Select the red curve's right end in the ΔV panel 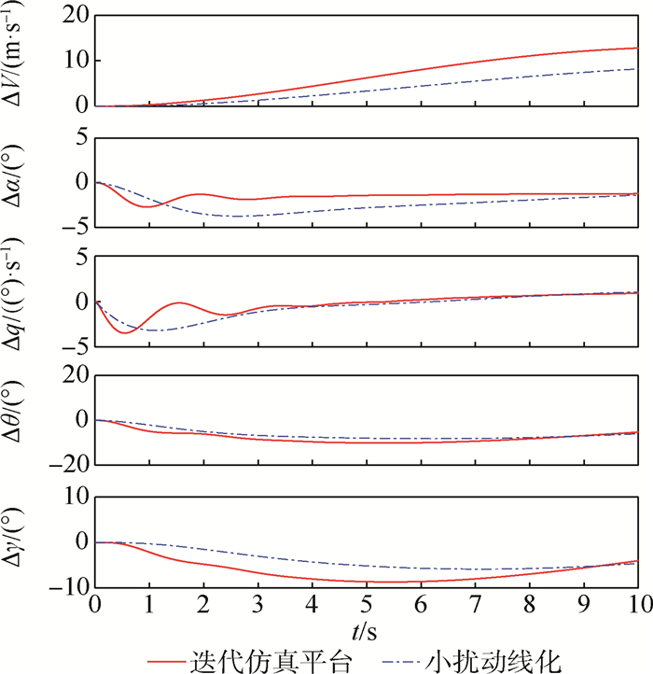click(x=637, y=48)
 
